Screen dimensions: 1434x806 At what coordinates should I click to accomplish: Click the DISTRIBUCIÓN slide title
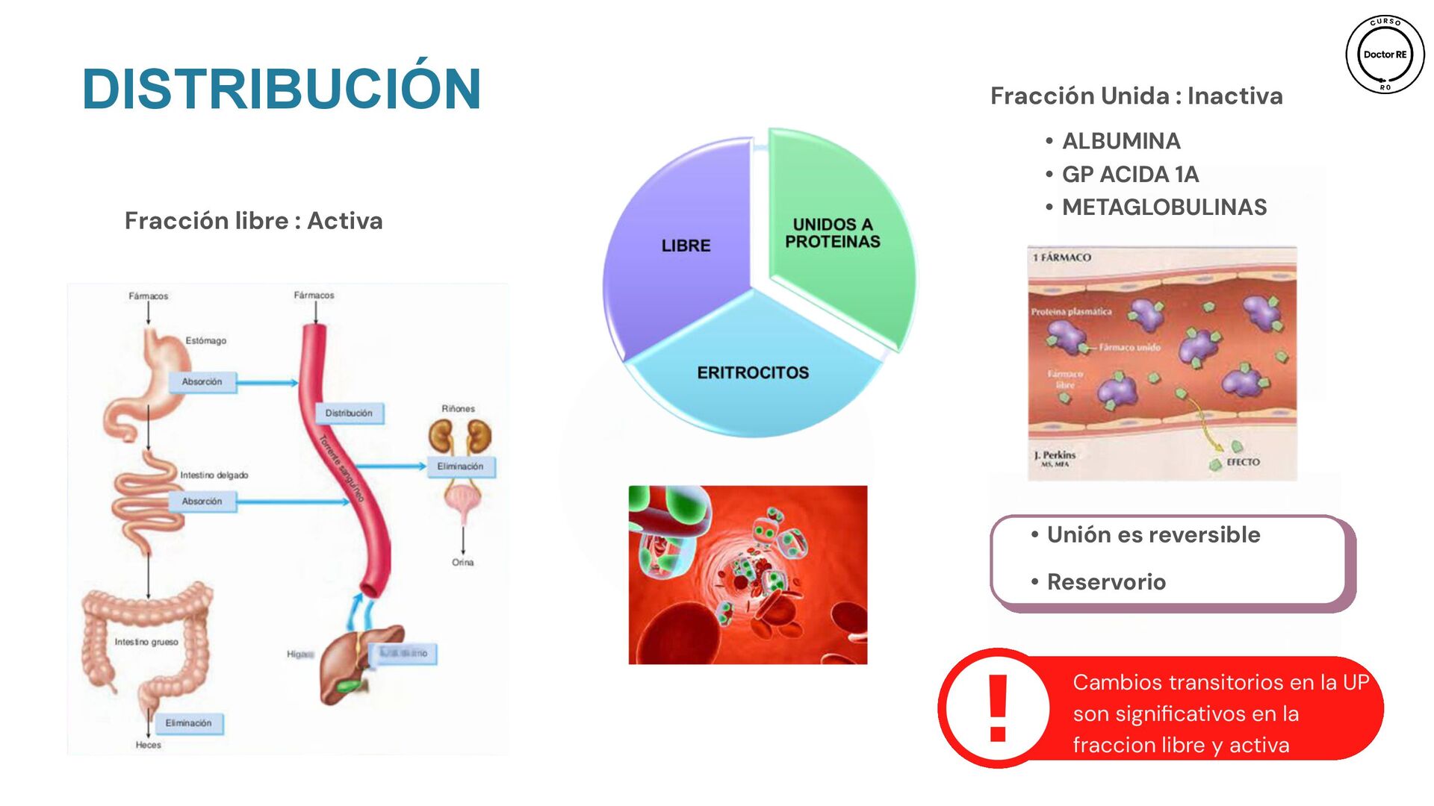point(282,90)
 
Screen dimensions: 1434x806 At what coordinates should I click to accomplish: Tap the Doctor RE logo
point(1385,54)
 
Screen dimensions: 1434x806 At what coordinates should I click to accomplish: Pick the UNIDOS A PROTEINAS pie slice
point(832,233)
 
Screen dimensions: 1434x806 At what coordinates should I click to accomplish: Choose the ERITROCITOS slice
point(753,372)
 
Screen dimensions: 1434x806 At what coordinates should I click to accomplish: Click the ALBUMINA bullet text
point(1121,141)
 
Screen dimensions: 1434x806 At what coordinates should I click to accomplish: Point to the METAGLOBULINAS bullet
point(1164,207)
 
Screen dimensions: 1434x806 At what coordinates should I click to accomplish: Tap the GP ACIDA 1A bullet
point(1130,175)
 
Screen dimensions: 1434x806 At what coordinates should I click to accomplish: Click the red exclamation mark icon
point(998,707)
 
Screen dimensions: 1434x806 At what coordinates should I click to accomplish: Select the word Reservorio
point(1106,582)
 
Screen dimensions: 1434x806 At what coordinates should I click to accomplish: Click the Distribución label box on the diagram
point(349,413)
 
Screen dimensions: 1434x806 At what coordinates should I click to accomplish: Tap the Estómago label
point(206,341)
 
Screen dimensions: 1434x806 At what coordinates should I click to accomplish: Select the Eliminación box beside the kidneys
point(460,466)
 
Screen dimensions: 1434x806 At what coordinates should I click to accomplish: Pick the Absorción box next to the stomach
point(202,382)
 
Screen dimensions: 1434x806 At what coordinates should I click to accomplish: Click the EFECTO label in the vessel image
point(1243,463)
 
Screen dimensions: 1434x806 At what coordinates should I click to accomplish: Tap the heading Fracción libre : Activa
point(253,221)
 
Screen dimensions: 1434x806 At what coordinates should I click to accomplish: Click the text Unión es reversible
point(1153,535)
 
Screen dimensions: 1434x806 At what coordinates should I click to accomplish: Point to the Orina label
point(462,563)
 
